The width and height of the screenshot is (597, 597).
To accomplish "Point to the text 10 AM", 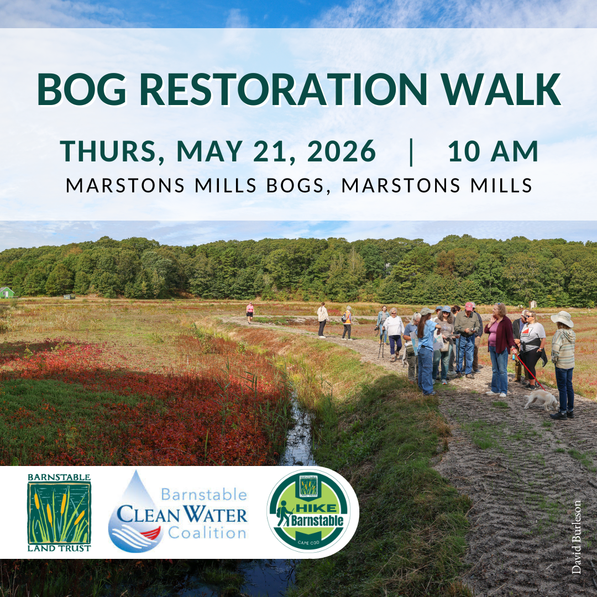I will pos(493,151).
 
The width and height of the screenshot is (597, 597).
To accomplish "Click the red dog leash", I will pos(530,372).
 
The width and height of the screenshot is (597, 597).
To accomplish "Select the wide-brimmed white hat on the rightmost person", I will pos(562,318).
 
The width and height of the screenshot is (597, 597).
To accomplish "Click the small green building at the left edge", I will pos(6,292).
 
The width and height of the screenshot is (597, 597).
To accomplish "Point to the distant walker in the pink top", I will pos(250,311).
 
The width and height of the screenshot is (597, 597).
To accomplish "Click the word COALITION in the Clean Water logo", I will pos(207,533).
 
